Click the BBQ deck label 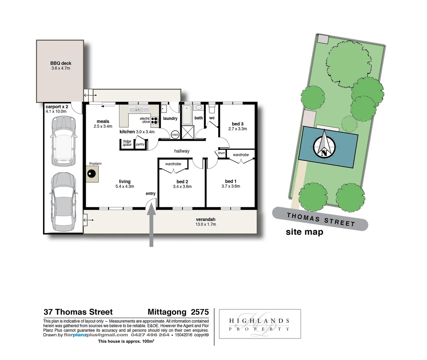61,63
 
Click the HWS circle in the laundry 175,135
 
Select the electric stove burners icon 154,120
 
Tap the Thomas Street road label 321,220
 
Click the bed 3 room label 238,124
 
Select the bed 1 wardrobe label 241,155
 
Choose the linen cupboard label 221,153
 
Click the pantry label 140,144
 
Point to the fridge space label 127,143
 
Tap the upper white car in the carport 63,141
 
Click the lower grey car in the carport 63,202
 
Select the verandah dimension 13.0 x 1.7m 205,224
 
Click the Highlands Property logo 260,324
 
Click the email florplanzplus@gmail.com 96,335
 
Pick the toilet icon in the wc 212,109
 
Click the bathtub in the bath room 187,114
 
